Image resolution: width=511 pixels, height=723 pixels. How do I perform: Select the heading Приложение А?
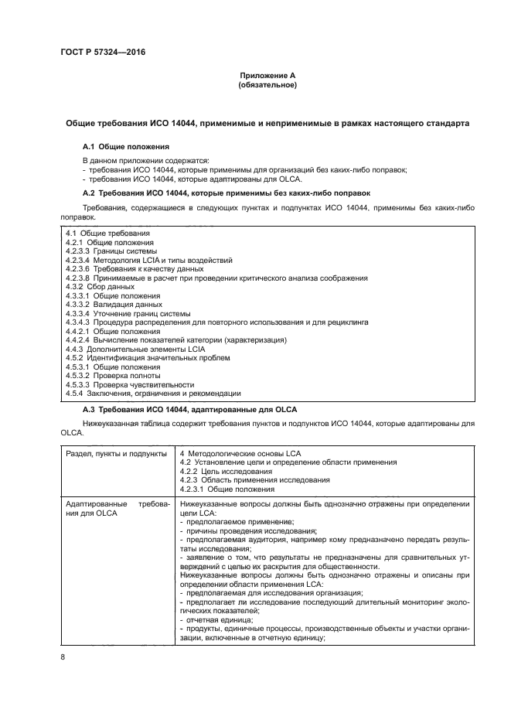(x=267, y=75)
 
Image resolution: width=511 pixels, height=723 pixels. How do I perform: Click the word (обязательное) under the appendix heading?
(x=267, y=85)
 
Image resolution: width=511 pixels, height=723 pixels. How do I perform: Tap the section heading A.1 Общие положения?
(x=126, y=146)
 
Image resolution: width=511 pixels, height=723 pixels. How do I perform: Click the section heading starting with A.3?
(x=189, y=408)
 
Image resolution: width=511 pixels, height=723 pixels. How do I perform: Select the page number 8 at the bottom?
(x=63, y=657)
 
